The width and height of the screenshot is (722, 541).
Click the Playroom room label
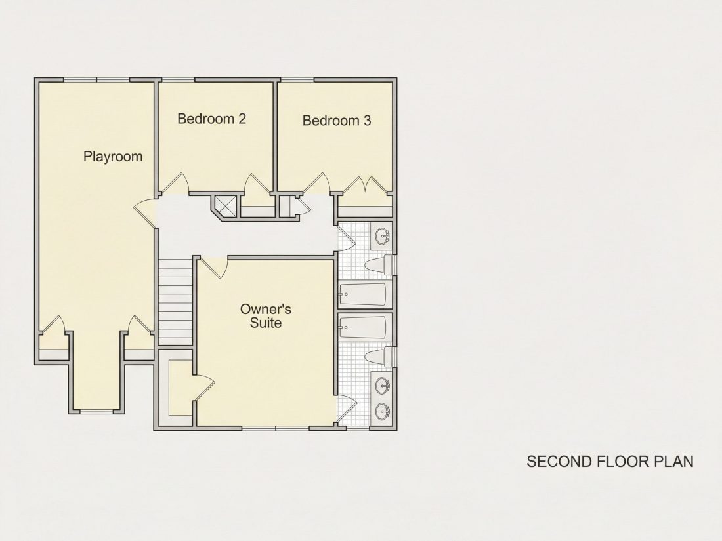click(x=113, y=157)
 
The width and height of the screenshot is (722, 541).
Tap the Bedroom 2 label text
click(x=212, y=119)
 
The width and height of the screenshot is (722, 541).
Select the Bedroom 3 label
click(x=337, y=121)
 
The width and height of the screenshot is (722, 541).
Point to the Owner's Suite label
click(x=266, y=315)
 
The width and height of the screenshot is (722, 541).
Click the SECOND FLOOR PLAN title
click(x=610, y=462)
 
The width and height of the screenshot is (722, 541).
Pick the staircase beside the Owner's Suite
click(x=175, y=302)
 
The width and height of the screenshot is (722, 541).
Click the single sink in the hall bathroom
click(x=383, y=237)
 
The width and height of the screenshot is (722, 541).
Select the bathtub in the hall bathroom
click(x=362, y=294)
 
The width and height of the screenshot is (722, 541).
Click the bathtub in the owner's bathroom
click(x=362, y=327)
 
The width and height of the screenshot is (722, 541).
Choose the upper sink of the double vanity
click(x=383, y=386)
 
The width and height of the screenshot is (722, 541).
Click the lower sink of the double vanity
click(x=383, y=411)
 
